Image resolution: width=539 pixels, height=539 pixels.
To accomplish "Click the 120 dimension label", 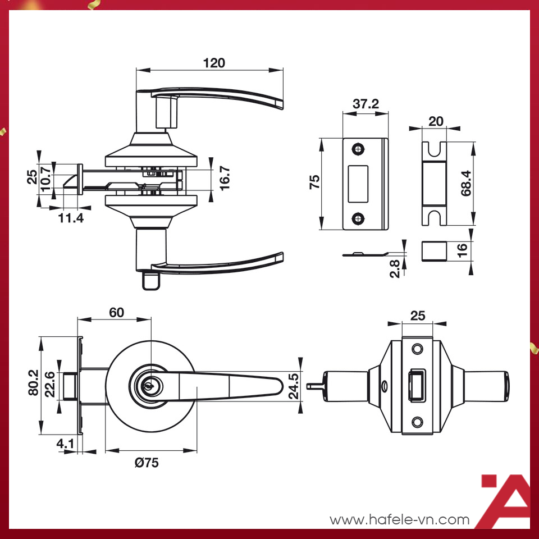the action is click(214, 63).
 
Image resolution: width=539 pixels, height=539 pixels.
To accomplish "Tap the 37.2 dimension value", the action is click(366, 103).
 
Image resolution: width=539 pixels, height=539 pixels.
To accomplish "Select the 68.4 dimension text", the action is click(466, 183).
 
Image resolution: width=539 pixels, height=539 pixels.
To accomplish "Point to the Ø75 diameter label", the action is click(147, 463).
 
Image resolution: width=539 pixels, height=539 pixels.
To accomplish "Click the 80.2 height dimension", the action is click(33, 382).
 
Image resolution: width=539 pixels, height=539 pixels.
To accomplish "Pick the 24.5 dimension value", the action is click(294, 386).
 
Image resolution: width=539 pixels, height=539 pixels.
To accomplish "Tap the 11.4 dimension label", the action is click(71, 218).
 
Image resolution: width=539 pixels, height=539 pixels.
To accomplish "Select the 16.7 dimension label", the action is click(225, 179).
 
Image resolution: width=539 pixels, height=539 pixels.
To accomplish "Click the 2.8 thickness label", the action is click(395, 268).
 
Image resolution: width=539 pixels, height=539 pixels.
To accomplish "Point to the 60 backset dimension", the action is click(117, 313).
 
